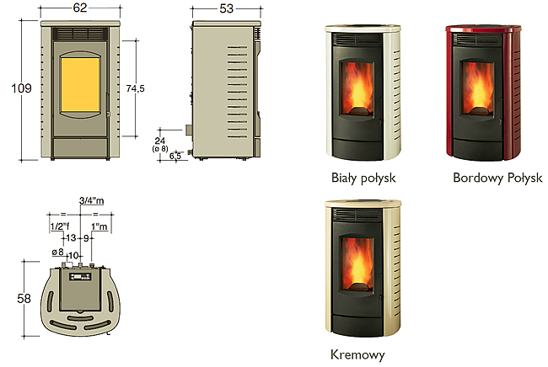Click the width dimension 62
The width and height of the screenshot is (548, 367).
pos(80,8)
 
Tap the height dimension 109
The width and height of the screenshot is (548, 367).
pos(21,88)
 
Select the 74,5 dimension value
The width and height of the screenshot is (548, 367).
pos(135,88)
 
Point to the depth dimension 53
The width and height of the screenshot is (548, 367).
pos(226,8)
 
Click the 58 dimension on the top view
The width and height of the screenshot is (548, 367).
pos(24,299)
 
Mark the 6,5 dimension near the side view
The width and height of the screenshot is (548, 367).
pos(175,156)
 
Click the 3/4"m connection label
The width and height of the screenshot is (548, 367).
pos(92,200)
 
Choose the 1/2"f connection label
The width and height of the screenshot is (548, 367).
pos(60,226)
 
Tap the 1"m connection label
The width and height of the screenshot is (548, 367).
pos(99,226)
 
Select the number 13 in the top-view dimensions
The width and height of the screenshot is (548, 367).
pos(71,238)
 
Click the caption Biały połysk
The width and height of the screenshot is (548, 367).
pos(363,178)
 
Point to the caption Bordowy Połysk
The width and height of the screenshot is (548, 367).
pos(497,178)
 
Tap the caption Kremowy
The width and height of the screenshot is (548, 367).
pos(357,354)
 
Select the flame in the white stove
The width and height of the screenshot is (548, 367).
pos(357,89)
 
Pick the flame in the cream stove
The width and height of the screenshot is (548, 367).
pos(357,263)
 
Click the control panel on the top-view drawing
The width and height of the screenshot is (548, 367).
pos(80,277)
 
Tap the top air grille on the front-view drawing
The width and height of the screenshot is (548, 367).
pos(80,35)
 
